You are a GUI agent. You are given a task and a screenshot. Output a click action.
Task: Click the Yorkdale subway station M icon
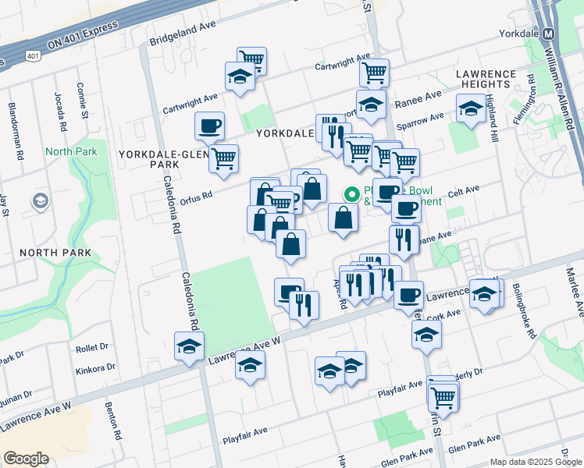[x=548, y=34]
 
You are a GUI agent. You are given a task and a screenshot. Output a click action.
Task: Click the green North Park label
[x=71, y=151]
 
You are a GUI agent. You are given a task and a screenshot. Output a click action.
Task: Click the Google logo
[x=26, y=459]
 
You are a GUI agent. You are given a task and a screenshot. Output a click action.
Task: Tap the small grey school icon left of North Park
[x=39, y=202]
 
